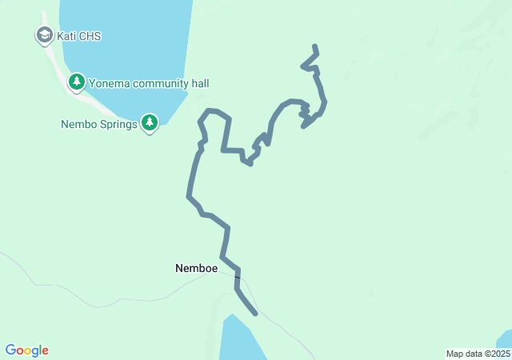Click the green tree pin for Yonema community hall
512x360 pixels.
[x=77, y=82]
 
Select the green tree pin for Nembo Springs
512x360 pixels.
[x=150, y=122]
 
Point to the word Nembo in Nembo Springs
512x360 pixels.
[x=78, y=125]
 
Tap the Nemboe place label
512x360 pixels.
[x=196, y=269]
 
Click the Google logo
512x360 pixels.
[x=27, y=350]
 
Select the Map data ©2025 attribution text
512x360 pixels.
[x=477, y=354]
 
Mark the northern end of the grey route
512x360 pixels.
[x=314, y=46]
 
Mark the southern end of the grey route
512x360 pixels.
[x=256, y=314]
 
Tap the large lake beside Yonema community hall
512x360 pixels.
[x=128, y=40]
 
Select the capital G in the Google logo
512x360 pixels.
[x=10, y=350]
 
